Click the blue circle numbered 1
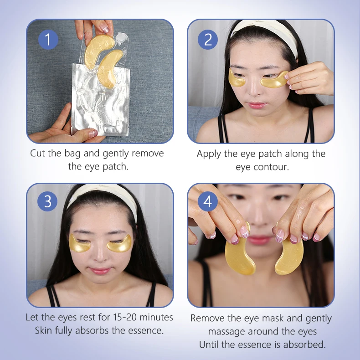pyautogui.click(x=48, y=40)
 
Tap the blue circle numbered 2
pyautogui.click(x=208, y=40)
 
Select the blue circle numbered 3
pyautogui.click(x=47, y=201)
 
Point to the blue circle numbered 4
pyautogui.click(x=207, y=201)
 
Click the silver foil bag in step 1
pyautogui.click(x=100, y=100)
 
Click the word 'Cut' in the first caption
pyautogui.click(x=38, y=153)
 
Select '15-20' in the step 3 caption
pyautogui.click(x=125, y=317)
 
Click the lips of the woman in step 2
pyautogui.click(x=257, y=105)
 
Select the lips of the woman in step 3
pyautogui.click(x=100, y=271)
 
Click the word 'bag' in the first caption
pyautogui.click(x=72, y=154)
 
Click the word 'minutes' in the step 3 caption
pyautogui.click(x=156, y=317)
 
